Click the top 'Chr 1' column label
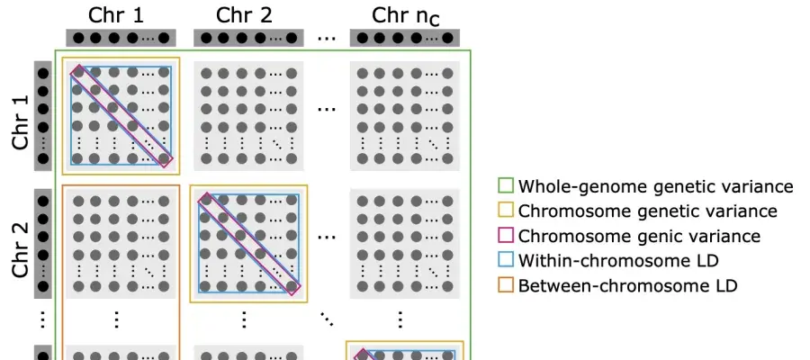(x=116, y=15)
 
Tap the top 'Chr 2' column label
(x=244, y=15)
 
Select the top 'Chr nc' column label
(x=406, y=16)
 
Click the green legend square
(x=506, y=186)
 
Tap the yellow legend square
(x=506, y=211)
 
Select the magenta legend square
(x=506, y=236)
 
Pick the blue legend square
(x=506, y=260)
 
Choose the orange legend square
(x=506, y=285)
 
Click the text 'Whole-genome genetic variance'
(x=655, y=186)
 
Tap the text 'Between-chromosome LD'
(x=627, y=285)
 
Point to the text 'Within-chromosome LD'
(x=618, y=260)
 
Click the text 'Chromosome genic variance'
(x=639, y=236)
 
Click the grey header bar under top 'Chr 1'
(x=121, y=38)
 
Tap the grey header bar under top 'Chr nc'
(x=404, y=38)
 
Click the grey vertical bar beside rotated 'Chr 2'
(x=43, y=243)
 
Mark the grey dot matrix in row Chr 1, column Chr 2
(x=248, y=116)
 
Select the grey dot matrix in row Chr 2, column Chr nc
(x=404, y=244)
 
